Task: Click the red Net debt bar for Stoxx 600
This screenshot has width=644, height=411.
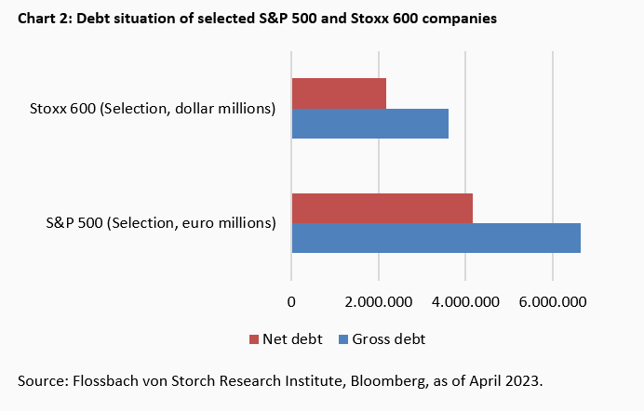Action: click(339, 93)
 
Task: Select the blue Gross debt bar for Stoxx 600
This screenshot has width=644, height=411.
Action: click(369, 124)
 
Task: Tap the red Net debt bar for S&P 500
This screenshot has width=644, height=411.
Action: click(382, 208)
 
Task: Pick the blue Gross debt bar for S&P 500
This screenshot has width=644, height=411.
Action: click(436, 238)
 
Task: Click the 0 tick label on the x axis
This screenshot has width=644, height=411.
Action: click(291, 300)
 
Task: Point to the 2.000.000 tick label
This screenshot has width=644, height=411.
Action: click(378, 300)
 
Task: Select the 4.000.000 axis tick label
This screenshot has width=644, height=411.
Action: click(465, 300)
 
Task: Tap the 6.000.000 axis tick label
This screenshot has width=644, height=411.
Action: click(552, 300)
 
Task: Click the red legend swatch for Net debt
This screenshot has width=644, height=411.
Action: click(253, 339)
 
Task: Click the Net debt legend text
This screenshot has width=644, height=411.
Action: click(292, 339)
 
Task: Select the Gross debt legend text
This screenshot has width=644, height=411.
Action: click(388, 339)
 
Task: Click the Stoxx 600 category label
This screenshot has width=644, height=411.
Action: click(153, 109)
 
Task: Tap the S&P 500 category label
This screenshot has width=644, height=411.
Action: click(161, 223)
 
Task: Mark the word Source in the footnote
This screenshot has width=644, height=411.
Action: click(40, 381)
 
